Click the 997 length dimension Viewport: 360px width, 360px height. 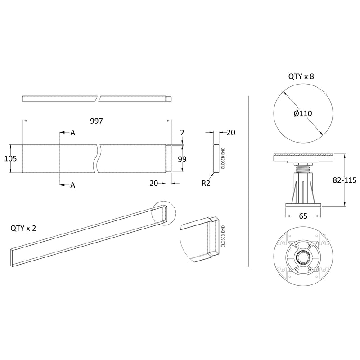tap(97, 121)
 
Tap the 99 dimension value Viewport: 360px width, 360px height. tap(182, 159)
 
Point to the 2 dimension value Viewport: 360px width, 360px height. tap(182, 132)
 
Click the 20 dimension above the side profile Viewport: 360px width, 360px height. tap(231, 132)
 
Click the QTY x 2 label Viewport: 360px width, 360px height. tap(23, 228)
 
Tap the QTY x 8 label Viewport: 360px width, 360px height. tap(301, 76)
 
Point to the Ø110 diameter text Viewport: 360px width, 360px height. tap(303, 113)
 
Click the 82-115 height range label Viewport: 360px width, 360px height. tap(344, 180)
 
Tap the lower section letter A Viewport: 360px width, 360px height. tap(72, 185)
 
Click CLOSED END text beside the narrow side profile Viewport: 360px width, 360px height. tap(223, 158)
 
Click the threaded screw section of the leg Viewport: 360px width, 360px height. tap(302, 169)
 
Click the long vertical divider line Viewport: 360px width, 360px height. tap(249, 180)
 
